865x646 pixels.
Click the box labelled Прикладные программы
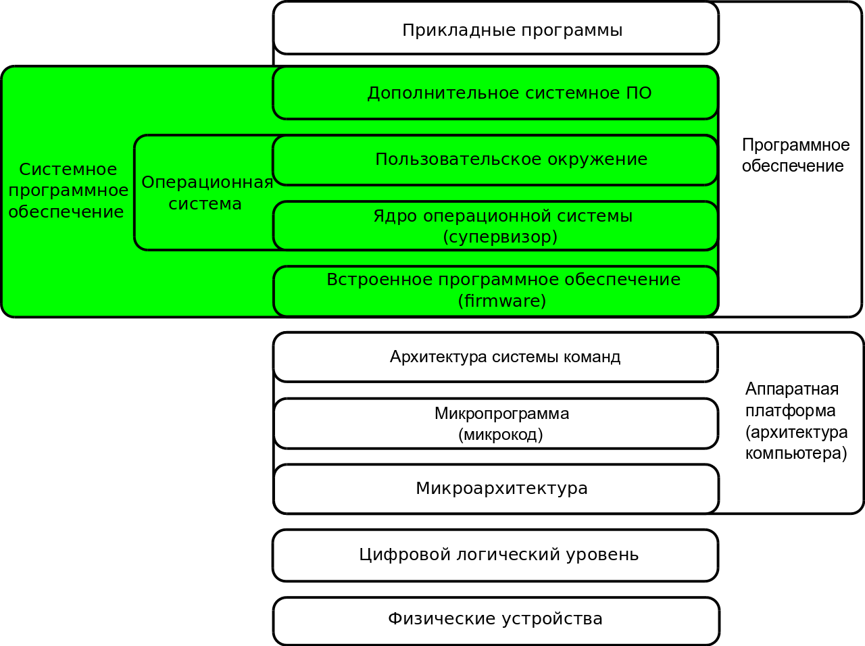[512, 30]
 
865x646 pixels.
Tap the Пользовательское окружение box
[511, 159]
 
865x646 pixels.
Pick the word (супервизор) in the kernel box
[500, 237]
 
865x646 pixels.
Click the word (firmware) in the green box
[501, 301]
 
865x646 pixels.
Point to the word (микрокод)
[501, 434]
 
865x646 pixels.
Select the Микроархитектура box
[501, 489]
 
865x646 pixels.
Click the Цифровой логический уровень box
[498, 555]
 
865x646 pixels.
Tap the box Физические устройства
[495, 619]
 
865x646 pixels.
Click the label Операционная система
[206, 193]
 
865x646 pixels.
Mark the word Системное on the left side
[68, 170]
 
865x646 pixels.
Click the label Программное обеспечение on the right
[795, 155]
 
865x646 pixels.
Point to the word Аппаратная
[791, 389]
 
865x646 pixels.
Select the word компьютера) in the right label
[796, 453]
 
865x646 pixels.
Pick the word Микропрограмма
[501, 414]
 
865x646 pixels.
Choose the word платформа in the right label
[790, 411]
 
